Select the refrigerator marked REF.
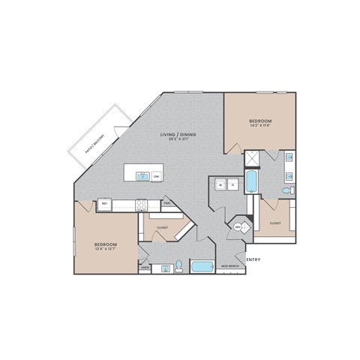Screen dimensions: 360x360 [105, 203]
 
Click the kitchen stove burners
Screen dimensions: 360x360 [140, 203]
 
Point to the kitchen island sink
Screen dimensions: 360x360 [142, 177]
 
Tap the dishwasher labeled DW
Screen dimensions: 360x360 [156, 177]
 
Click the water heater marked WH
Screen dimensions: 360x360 [238, 226]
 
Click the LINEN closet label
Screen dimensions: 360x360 [145, 266]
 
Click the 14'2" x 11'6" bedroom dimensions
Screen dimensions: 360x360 [260, 127]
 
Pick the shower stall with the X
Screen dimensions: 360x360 [253, 158]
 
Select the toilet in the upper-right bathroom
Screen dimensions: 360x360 [285, 192]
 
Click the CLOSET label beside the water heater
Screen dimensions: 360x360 [275, 223]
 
